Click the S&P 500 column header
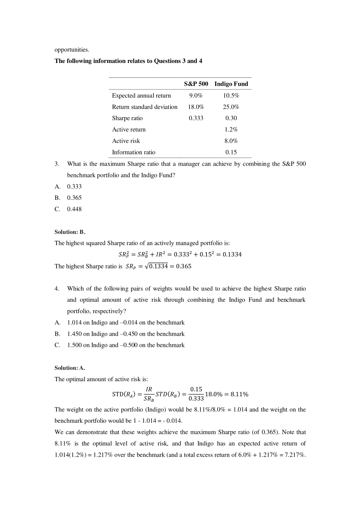coord(196,84)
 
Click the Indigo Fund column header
coord(231,84)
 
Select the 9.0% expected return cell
coord(196,96)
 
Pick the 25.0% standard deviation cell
coord(231,107)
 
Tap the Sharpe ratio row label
coord(127,118)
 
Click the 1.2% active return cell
coord(231,130)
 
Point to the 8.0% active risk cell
coord(231,141)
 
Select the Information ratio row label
coord(133,152)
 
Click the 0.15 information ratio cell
coord(231,152)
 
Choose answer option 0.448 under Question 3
coord(74,209)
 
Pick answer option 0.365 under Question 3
coord(74,198)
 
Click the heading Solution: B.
coord(70,232)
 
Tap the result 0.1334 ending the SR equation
coord(232,254)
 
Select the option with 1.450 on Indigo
coord(125,334)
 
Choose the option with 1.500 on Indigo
coord(125,345)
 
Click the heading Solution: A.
coord(70,368)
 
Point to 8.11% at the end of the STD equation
coord(239,394)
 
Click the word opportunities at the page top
coord(72,50)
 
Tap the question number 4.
coord(56,289)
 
